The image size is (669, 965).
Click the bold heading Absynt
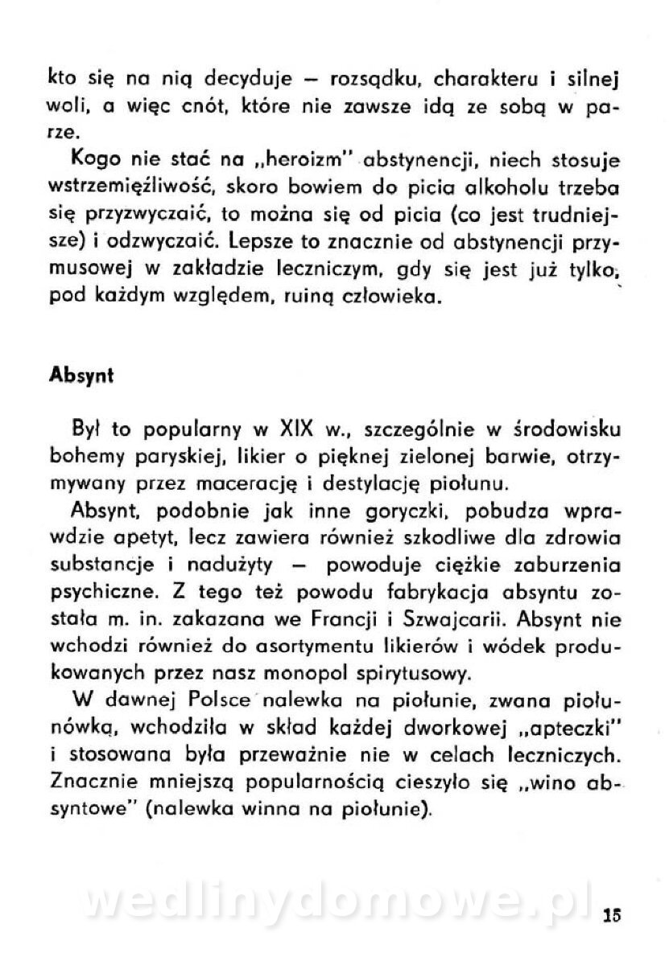(x=81, y=376)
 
